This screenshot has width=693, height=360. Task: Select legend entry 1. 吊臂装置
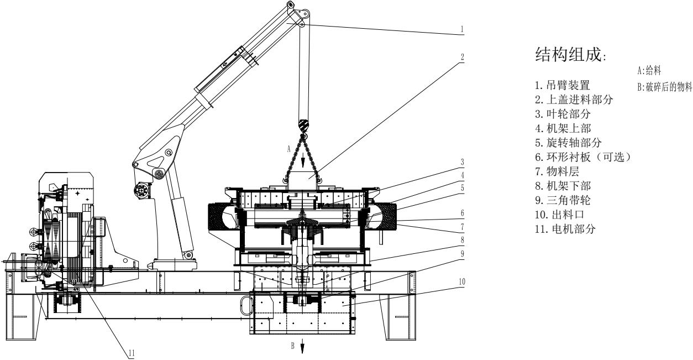tap(563, 85)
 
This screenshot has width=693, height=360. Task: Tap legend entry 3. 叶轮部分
tap(563, 114)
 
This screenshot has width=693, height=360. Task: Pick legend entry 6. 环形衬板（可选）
tap(583, 157)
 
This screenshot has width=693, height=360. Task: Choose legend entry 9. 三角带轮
tap(563, 200)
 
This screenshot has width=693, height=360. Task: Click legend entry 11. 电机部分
tap(565, 229)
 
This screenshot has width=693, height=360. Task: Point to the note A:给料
tap(649, 71)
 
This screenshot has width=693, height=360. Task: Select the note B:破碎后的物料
tap(664, 87)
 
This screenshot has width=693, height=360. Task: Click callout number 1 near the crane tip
tap(462, 29)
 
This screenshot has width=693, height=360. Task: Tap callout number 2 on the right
tap(462, 57)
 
